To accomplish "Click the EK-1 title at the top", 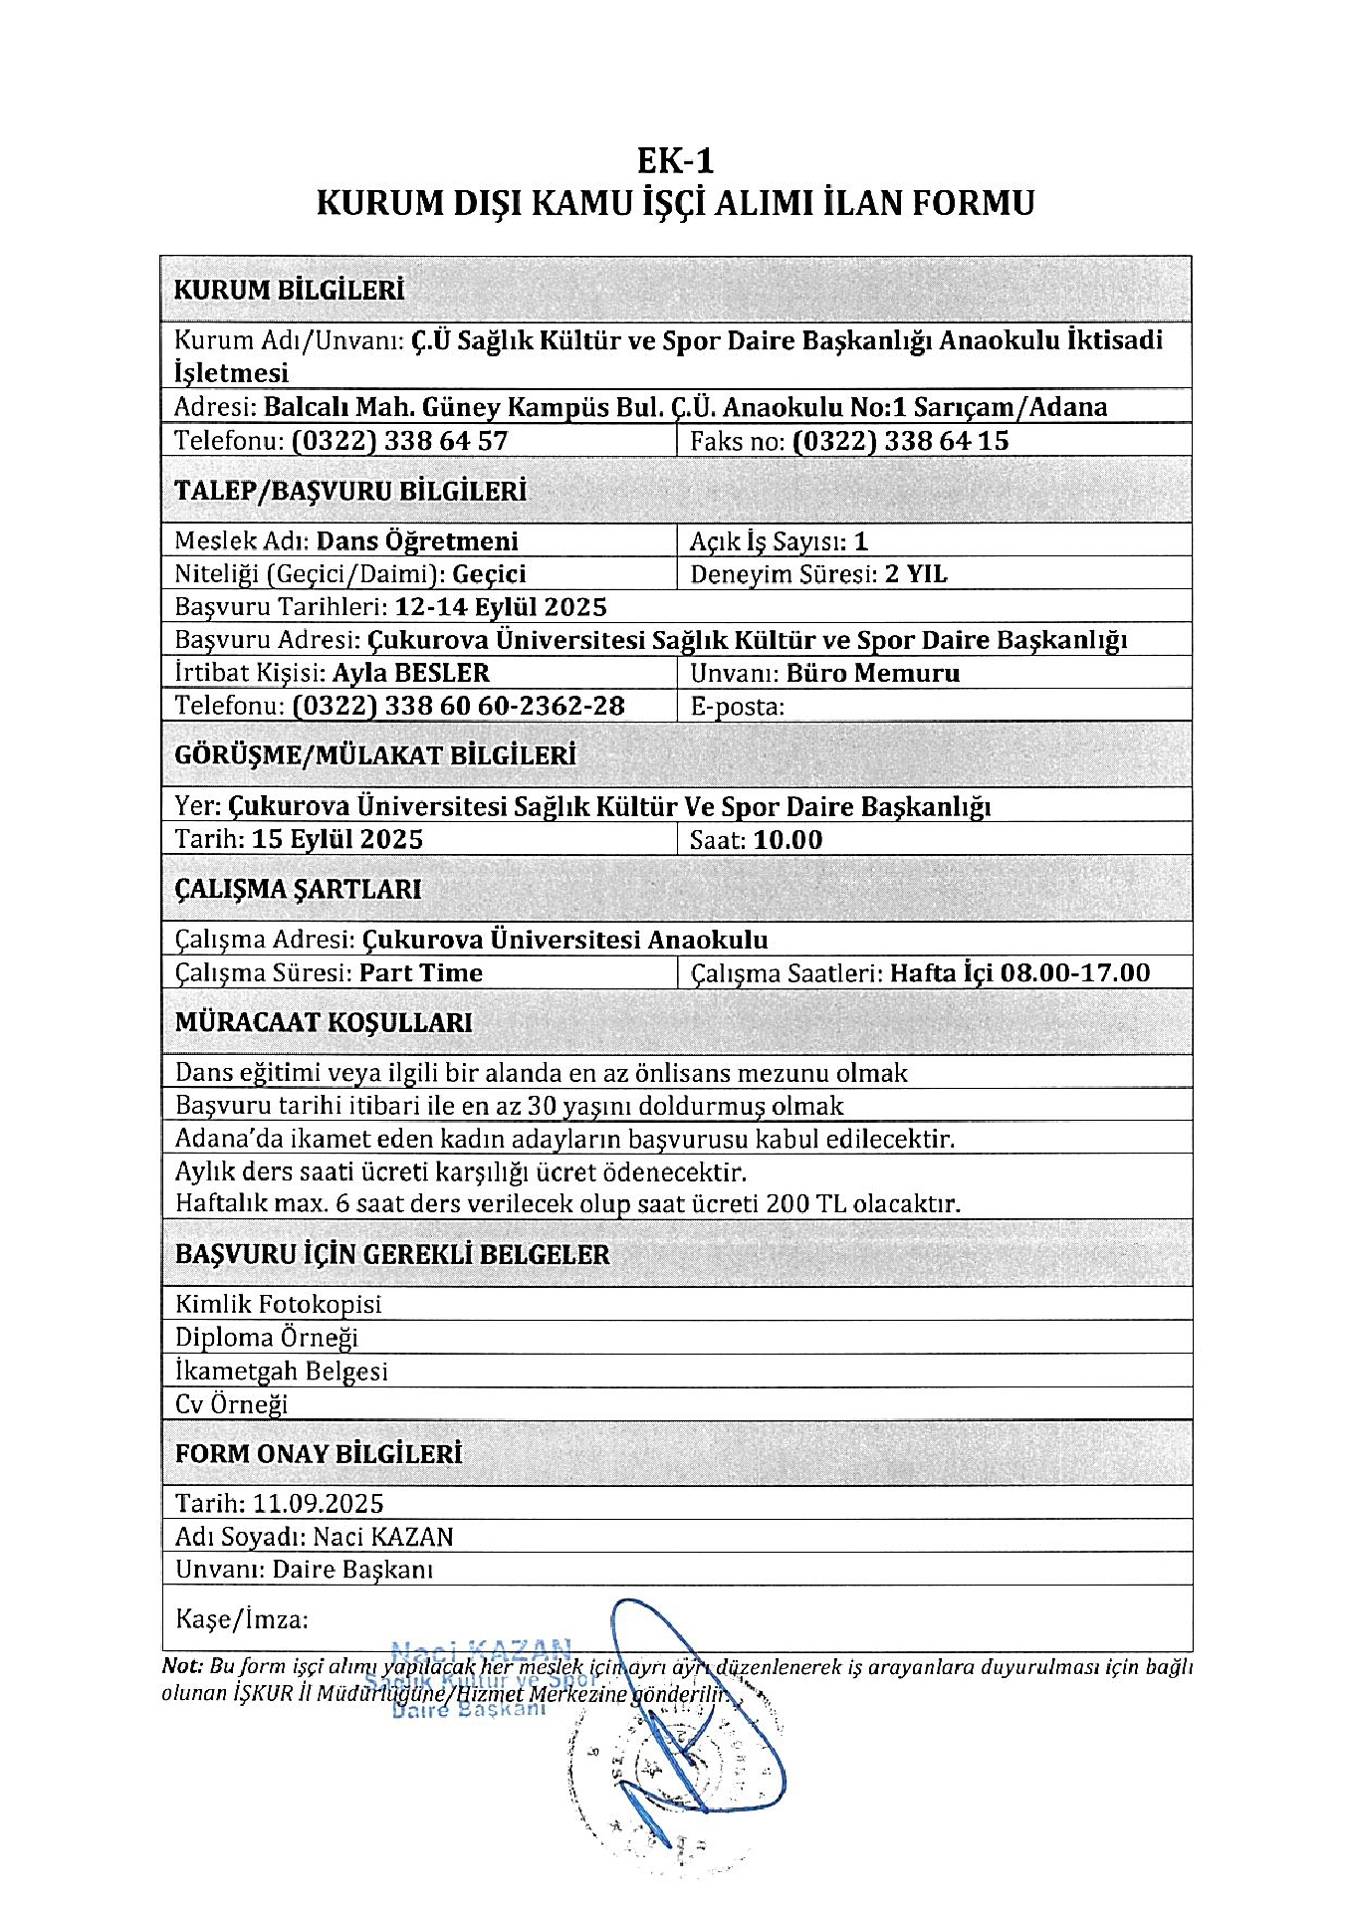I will tap(675, 161).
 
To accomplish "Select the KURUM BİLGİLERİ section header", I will tap(289, 291).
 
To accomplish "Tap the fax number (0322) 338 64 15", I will tap(900, 441).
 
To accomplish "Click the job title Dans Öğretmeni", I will tap(417, 541).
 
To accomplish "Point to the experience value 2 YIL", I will tap(916, 574).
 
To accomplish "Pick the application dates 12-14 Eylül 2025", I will tap(501, 607).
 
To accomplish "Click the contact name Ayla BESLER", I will tap(411, 673).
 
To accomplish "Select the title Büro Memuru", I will tap(873, 673).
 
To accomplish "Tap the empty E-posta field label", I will tap(737, 707).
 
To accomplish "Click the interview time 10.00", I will tap(788, 840).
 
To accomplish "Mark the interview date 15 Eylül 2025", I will tap(338, 839).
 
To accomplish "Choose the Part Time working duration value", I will tap(421, 972).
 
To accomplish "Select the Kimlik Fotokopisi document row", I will tap(279, 1304).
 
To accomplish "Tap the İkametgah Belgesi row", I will tap(282, 1371).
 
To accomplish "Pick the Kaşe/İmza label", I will tap(242, 1619).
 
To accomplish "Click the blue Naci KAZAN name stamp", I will tap(482, 1649).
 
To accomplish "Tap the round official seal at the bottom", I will tap(677, 1782).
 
